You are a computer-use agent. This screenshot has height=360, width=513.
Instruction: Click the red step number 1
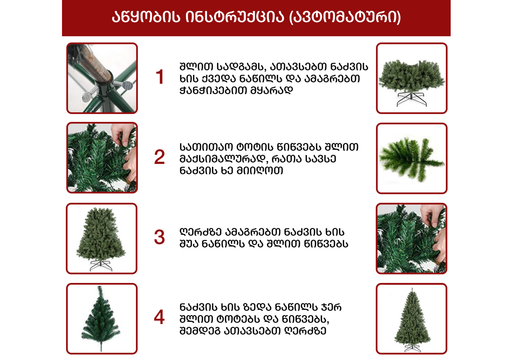coord(160,77)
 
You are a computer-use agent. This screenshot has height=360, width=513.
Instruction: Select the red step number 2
coord(159,157)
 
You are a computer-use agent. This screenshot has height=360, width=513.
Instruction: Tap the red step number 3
coord(159,237)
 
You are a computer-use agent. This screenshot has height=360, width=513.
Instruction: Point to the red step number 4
coord(159,317)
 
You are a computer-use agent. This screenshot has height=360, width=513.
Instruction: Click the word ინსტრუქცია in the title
coord(235,17)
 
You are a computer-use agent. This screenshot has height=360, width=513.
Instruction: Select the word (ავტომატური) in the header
coord(345,17)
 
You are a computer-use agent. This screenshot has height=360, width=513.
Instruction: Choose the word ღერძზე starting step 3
coord(200,232)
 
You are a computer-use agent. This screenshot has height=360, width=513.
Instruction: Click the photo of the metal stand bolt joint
coord(102,78)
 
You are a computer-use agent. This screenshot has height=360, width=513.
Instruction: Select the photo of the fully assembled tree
coord(412,319)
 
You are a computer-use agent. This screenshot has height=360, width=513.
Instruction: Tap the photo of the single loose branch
coord(412,158)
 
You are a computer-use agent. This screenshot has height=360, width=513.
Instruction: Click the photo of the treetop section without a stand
coord(102,319)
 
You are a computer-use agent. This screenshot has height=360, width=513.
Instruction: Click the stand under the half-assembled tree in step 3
coord(101,266)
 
